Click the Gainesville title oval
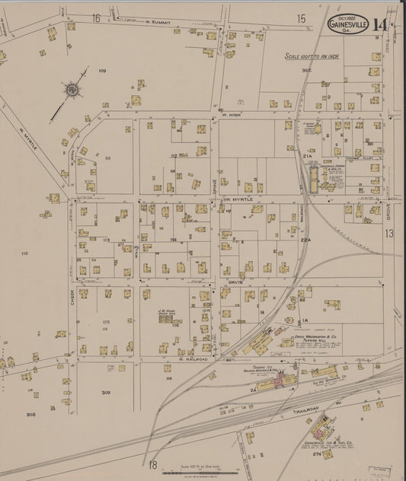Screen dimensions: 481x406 pos(348,25)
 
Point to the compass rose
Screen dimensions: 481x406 pos(72,90)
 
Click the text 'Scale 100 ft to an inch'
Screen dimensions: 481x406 pos(315,56)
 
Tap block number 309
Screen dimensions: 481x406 pos(106,393)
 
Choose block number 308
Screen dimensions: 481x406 pos(30,415)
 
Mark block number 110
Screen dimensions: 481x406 pos(24,253)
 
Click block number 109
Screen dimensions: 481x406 pos(102,70)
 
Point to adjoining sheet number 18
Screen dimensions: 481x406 pos(152,464)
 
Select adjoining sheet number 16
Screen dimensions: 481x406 pos(97,18)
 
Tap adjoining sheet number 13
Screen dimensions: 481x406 pos(388,234)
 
